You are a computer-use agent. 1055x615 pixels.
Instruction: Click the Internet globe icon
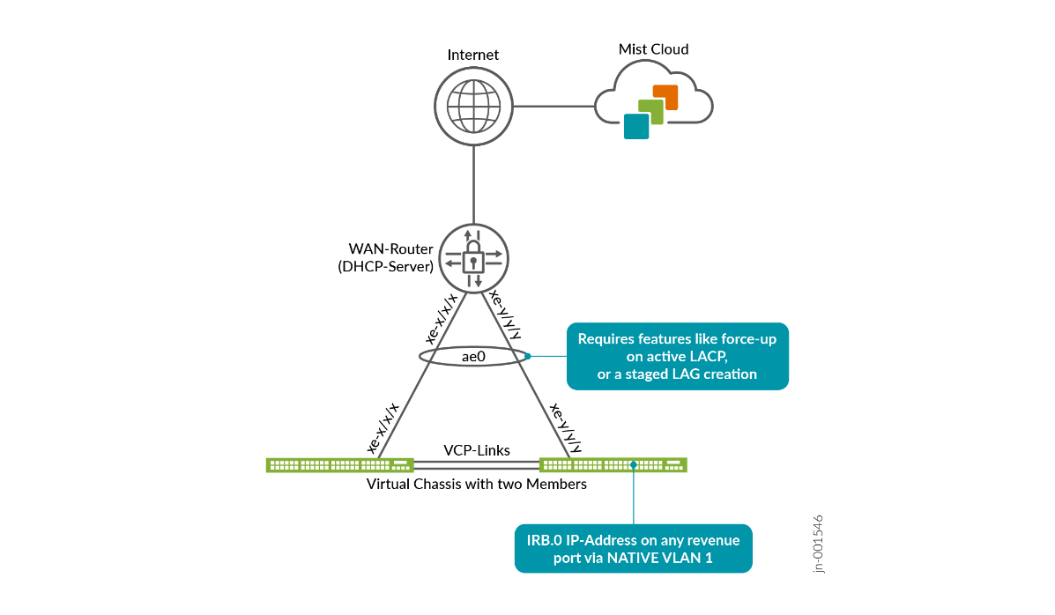pyautogui.click(x=474, y=107)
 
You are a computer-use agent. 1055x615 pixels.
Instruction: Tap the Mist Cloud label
pyautogui.click(x=653, y=49)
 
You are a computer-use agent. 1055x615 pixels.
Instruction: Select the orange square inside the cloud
pyautogui.click(x=665, y=97)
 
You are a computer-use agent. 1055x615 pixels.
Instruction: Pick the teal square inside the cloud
pyautogui.click(x=636, y=126)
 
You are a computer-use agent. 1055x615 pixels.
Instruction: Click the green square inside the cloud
pyautogui.click(x=650, y=111)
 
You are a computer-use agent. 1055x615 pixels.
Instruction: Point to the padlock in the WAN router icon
pyautogui.click(x=473, y=261)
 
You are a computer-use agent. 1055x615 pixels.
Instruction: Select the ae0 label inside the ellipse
pyautogui.click(x=473, y=357)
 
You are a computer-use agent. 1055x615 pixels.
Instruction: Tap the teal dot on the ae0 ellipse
pyautogui.click(x=528, y=357)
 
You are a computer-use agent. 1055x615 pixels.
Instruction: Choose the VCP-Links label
pyautogui.click(x=476, y=450)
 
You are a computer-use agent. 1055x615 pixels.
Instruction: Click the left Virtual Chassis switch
pyautogui.click(x=340, y=464)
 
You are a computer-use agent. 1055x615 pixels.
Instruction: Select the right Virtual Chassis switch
pyautogui.click(x=613, y=464)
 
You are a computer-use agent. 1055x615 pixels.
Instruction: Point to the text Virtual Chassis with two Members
pyautogui.click(x=476, y=484)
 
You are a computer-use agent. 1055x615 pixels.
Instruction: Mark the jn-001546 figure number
pyautogui.click(x=819, y=544)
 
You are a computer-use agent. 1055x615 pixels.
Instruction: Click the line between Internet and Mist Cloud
pyautogui.click(x=554, y=107)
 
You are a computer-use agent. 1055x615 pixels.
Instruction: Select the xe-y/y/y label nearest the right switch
pyautogui.click(x=566, y=429)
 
